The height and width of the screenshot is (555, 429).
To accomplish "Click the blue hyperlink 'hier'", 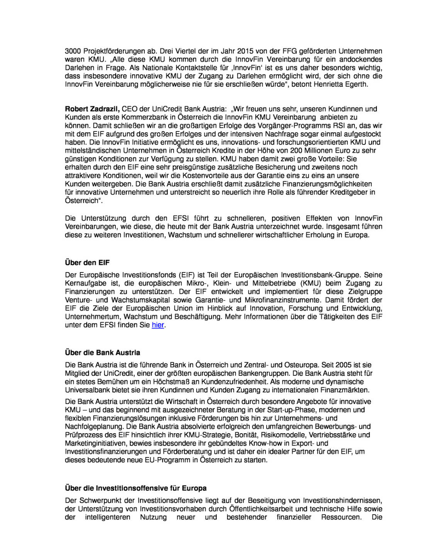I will [158, 325].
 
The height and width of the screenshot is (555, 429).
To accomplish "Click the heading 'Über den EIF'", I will [87, 262].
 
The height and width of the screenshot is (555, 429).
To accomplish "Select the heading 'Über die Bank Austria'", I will [103, 352].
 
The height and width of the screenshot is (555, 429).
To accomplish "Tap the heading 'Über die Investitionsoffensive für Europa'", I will [136, 488].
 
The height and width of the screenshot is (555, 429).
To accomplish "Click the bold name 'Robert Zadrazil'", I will [92, 109].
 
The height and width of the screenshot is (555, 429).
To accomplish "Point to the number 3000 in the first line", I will [73, 51].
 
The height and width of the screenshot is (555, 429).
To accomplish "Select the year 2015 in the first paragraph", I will [245, 51].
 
